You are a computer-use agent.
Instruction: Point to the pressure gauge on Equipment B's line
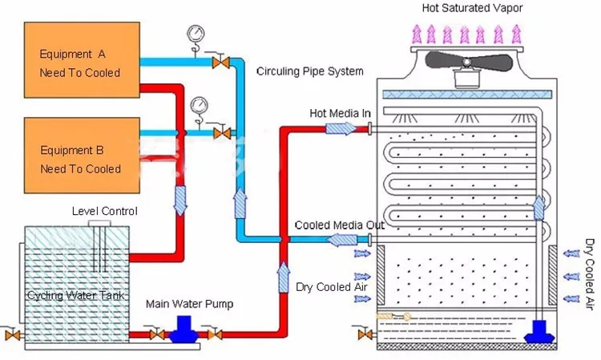tap(198, 106)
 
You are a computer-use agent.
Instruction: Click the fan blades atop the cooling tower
tap(464, 63)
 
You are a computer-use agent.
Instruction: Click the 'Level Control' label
tap(104, 212)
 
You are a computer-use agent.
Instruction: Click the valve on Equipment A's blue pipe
tap(217, 62)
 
